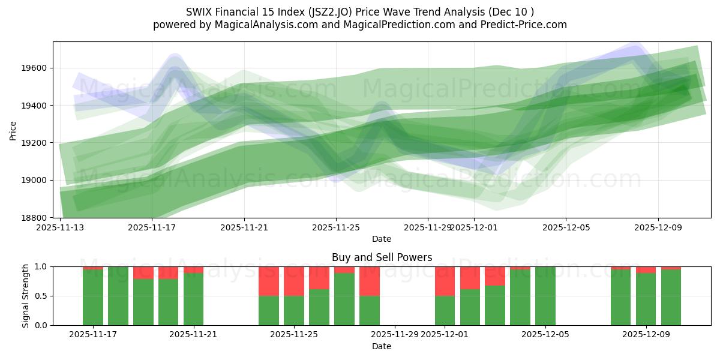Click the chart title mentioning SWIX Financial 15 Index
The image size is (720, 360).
(360, 12)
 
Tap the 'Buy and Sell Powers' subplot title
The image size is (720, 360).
(382, 257)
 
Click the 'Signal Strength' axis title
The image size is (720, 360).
(25, 296)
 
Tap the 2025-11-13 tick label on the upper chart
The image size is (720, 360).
(60, 227)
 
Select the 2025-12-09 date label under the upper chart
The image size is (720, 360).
(658, 227)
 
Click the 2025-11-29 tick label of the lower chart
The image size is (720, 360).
(394, 335)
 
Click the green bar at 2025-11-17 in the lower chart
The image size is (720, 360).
(93, 297)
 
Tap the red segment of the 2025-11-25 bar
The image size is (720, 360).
(294, 281)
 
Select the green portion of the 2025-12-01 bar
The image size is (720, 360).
(445, 310)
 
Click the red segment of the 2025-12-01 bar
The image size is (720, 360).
(445, 281)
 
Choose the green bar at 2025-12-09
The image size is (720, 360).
(646, 300)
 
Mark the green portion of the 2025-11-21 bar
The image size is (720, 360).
(193, 300)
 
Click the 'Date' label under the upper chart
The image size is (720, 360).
(382, 239)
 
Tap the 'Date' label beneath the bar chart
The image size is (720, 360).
(382, 346)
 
